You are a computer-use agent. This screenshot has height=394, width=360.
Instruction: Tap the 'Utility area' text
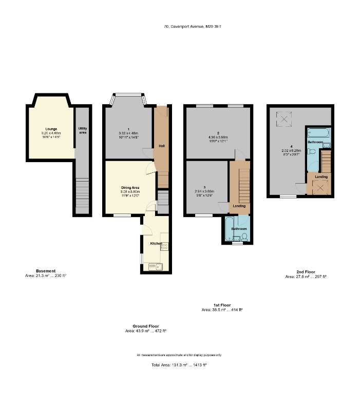pyautogui.click(x=82, y=130)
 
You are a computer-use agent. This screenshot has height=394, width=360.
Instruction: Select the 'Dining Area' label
pyautogui.click(x=130, y=188)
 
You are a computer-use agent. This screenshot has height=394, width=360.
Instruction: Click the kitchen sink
pyautogui.click(x=154, y=266)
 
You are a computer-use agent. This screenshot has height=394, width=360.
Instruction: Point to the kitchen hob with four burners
pyautogui.click(x=164, y=246)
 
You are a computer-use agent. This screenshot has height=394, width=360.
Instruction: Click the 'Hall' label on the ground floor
pyautogui.click(x=161, y=146)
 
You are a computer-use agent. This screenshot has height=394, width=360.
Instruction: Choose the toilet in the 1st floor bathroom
pyautogui.click(x=244, y=237)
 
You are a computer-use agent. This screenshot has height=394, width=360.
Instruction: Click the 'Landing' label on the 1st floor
pyautogui.click(x=239, y=206)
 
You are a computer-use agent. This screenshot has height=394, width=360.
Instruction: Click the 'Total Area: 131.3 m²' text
pyautogui.click(x=179, y=365)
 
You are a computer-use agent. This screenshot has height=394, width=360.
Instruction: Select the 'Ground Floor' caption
pyautogui.click(x=146, y=326)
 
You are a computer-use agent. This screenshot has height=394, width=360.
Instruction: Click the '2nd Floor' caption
pyautogui.click(x=306, y=272)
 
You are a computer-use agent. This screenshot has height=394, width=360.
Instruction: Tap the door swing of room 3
pyautogui.click(x=223, y=206)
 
